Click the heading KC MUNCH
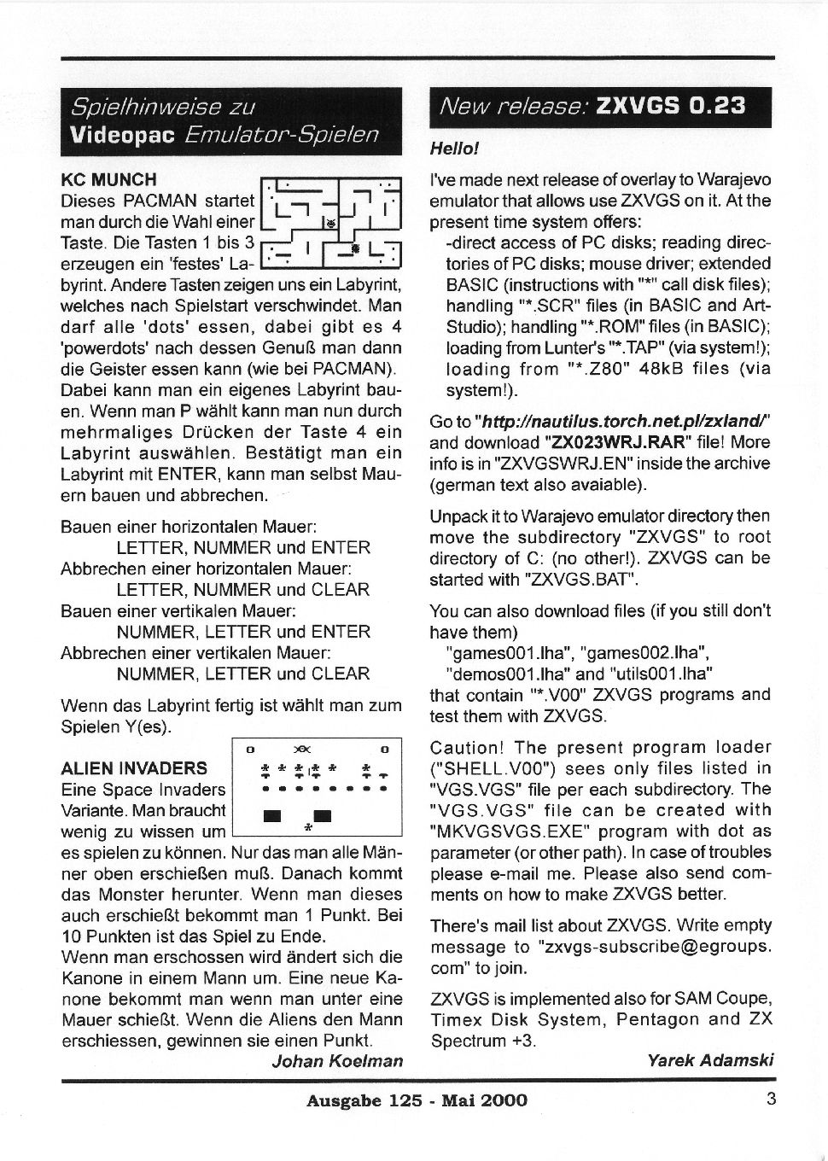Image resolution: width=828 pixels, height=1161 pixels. (108, 179)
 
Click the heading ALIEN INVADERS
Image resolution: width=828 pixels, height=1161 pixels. (134, 767)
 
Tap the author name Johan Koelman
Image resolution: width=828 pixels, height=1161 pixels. (336, 1061)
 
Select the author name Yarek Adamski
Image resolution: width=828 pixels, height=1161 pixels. (710, 1060)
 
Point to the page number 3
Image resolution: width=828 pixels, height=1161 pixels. (771, 1099)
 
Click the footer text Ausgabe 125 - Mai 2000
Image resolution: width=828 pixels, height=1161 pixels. (417, 1100)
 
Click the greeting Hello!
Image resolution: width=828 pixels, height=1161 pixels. (454, 149)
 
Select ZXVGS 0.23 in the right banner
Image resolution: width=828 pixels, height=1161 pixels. (671, 106)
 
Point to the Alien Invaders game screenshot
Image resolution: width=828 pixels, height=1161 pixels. (317, 786)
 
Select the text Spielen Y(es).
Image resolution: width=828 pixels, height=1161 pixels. (116, 727)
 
